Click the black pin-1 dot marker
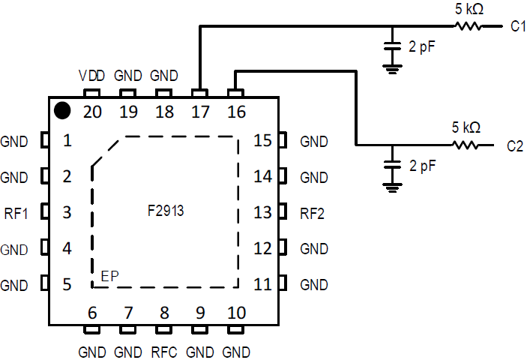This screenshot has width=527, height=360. coord(63,111)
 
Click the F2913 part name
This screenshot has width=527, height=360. coord(166,212)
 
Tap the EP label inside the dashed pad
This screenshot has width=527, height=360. coord(109,277)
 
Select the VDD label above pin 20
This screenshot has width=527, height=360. coord(91,76)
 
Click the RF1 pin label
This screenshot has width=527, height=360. coord(15,213)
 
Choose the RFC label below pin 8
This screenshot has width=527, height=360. coord(164,352)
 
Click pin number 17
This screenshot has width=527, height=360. coord(199,112)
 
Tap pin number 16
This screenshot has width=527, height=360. coord(235,112)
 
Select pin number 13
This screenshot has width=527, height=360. coord(262,213)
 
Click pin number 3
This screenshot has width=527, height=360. coord(67,213)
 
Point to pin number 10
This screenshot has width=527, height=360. coord(235,312)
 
